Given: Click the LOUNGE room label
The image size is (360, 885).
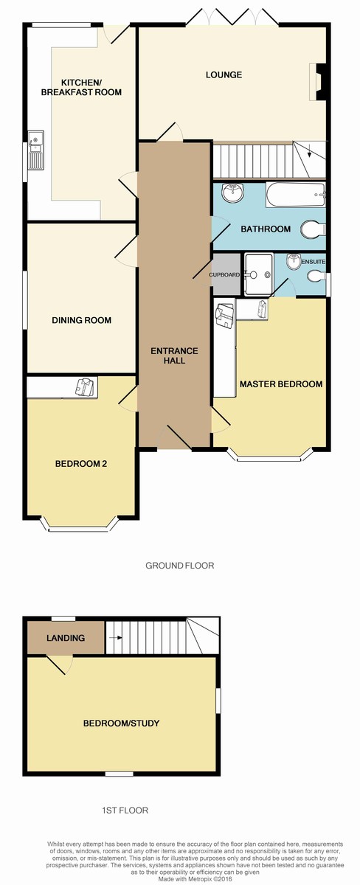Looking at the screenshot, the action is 224,74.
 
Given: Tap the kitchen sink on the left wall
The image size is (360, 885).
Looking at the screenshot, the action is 36,150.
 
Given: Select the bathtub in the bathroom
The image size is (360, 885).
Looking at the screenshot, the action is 296,195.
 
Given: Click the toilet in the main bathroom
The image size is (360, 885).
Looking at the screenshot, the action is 313,229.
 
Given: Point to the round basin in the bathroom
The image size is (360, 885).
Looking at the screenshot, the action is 233,192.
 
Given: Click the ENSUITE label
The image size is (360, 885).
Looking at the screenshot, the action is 314,262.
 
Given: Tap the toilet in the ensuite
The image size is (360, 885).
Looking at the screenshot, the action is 316,276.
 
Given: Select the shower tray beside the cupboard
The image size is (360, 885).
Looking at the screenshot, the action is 258,275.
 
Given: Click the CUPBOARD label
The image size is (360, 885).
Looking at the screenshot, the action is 224,274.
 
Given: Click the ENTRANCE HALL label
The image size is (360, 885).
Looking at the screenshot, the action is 174,355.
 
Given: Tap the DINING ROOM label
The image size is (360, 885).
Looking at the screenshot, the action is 81,320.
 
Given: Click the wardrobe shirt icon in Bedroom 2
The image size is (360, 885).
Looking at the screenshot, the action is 86,386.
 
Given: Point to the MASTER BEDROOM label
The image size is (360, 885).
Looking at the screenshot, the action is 281,384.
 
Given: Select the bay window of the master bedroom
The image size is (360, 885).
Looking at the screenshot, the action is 270,457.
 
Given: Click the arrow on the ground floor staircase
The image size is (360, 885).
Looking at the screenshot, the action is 309,151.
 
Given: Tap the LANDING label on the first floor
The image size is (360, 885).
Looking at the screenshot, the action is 66,638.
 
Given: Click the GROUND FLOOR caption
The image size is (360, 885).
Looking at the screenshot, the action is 180,566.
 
